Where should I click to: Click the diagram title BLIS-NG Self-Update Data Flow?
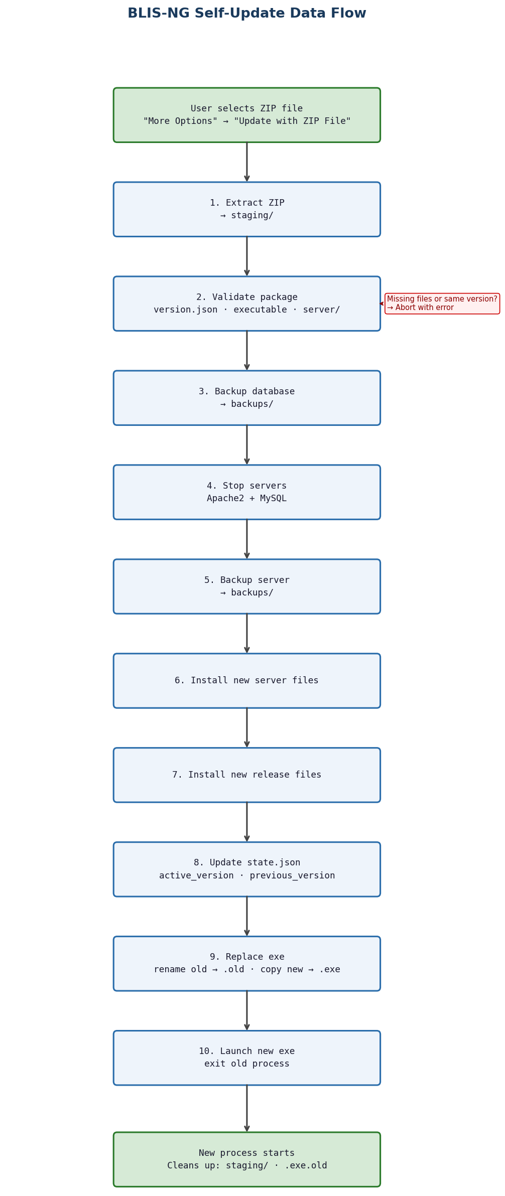(x=246, y=14)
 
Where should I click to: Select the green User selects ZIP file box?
(x=246, y=115)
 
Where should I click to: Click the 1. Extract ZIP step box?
(x=246, y=209)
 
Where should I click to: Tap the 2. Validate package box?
(x=246, y=304)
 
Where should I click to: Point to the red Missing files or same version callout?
(x=442, y=304)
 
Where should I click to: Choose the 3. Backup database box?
(x=246, y=398)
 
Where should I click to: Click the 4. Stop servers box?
(x=246, y=492)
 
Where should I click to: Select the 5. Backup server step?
(x=246, y=586)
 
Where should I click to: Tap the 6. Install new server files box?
(x=246, y=681)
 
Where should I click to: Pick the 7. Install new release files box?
(x=246, y=775)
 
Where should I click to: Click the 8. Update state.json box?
(x=246, y=869)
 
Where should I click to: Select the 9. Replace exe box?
(x=246, y=964)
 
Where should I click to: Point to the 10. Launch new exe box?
(x=246, y=1058)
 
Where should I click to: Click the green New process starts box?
(x=246, y=1159)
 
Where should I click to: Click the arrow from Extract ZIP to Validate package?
(x=246, y=256)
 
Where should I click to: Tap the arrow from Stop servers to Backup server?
(x=246, y=539)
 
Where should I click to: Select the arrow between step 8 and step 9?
(x=246, y=917)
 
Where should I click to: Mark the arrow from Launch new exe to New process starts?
(x=246, y=1109)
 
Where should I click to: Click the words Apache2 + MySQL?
(x=246, y=499)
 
